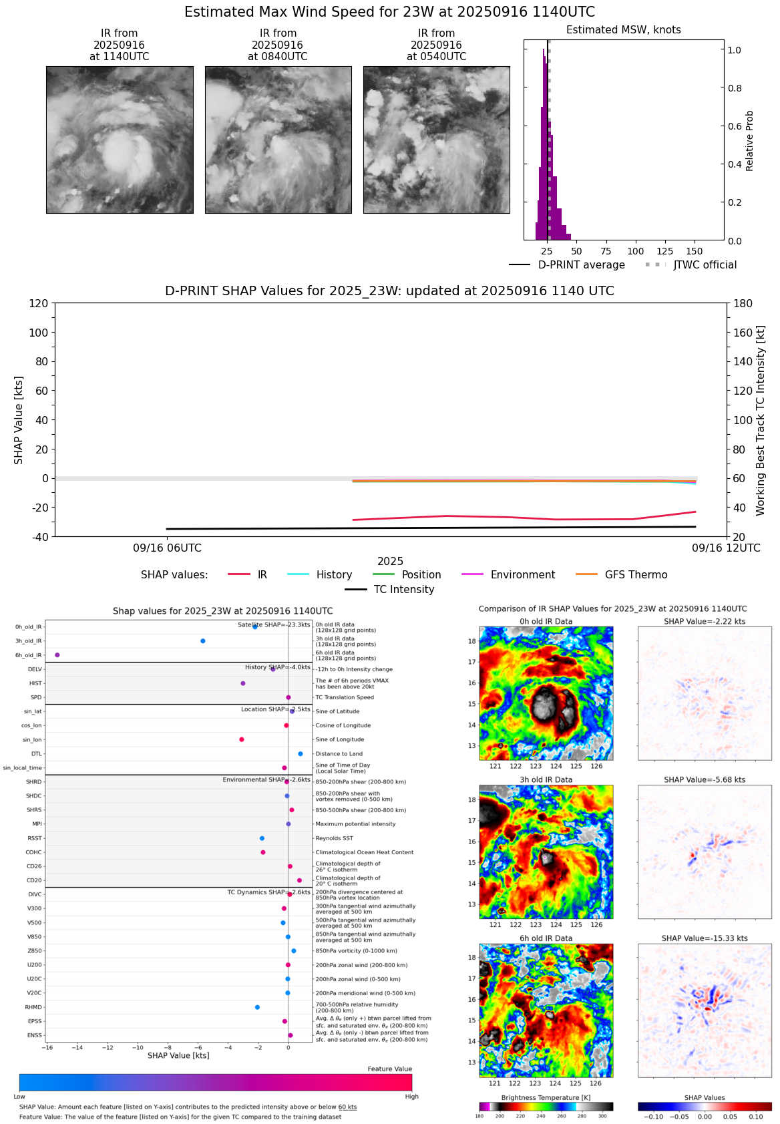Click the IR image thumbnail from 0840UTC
pyautogui.click(x=278, y=140)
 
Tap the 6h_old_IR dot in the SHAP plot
pyautogui.click(x=57, y=655)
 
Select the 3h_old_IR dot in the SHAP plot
pyautogui.click(x=203, y=641)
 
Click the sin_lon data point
pyautogui.click(x=242, y=739)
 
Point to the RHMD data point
pyautogui.click(x=257, y=1007)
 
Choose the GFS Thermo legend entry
pyautogui.click(x=635, y=574)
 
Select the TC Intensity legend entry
pyautogui.click(x=403, y=589)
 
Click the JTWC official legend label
pyautogui.click(x=705, y=264)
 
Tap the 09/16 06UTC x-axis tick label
pyautogui.click(x=167, y=548)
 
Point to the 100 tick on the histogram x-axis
pyautogui.click(x=635, y=251)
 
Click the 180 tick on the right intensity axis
pyautogui.click(x=743, y=303)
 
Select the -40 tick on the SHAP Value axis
pyautogui.click(x=39, y=536)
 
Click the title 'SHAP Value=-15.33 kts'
pyautogui.click(x=705, y=938)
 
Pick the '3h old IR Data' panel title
pyautogui.click(x=546, y=779)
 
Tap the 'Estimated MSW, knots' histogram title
pyautogui.click(x=623, y=29)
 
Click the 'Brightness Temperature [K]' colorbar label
pyautogui.click(x=546, y=1097)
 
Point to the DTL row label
pyautogui.click(x=36, y=753)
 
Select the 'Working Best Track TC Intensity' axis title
pyautogui.click(x=760, y=421)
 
